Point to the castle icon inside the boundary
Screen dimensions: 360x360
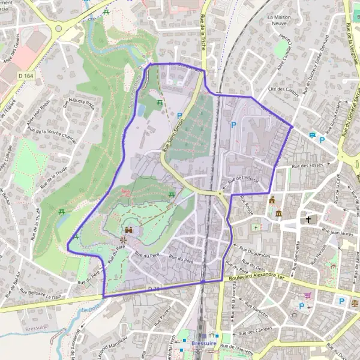click(x=129, y=229)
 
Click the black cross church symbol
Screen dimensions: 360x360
click(x=309, y=220)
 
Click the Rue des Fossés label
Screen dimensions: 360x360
click(x=307, y=165)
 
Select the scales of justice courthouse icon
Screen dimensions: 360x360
click(x=355, y=302)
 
